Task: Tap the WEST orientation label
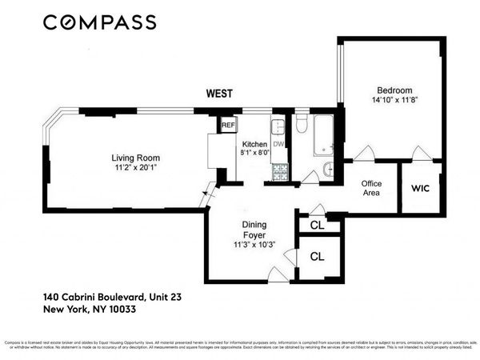(x=219, y=94)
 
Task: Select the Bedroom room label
(x=390, y=90)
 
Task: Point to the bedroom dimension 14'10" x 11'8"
(x=390, y=101)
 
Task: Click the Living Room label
(x=133, y=157)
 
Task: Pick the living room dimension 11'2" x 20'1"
(x=133, y=168)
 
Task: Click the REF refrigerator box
(x=228, y=126)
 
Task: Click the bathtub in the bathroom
(x=324, y=134)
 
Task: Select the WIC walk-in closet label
(x=421, y=189)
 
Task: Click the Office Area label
(x=370, y=188)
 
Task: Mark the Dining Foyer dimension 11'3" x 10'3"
(x=254, y=245)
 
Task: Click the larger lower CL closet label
(x=317, y=257)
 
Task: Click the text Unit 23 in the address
(x=164, y=297)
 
